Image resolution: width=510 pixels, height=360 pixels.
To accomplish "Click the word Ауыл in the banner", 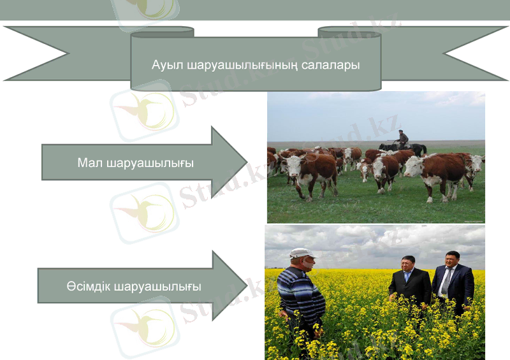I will coord(164,65).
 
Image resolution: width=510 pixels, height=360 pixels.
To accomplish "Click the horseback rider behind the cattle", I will coord(402,138).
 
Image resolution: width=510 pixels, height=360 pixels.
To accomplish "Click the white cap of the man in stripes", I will coord(301,253).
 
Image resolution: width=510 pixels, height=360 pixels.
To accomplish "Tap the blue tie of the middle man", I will coord(408,278).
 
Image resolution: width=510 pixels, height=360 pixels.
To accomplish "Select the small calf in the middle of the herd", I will coord(365,169).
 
